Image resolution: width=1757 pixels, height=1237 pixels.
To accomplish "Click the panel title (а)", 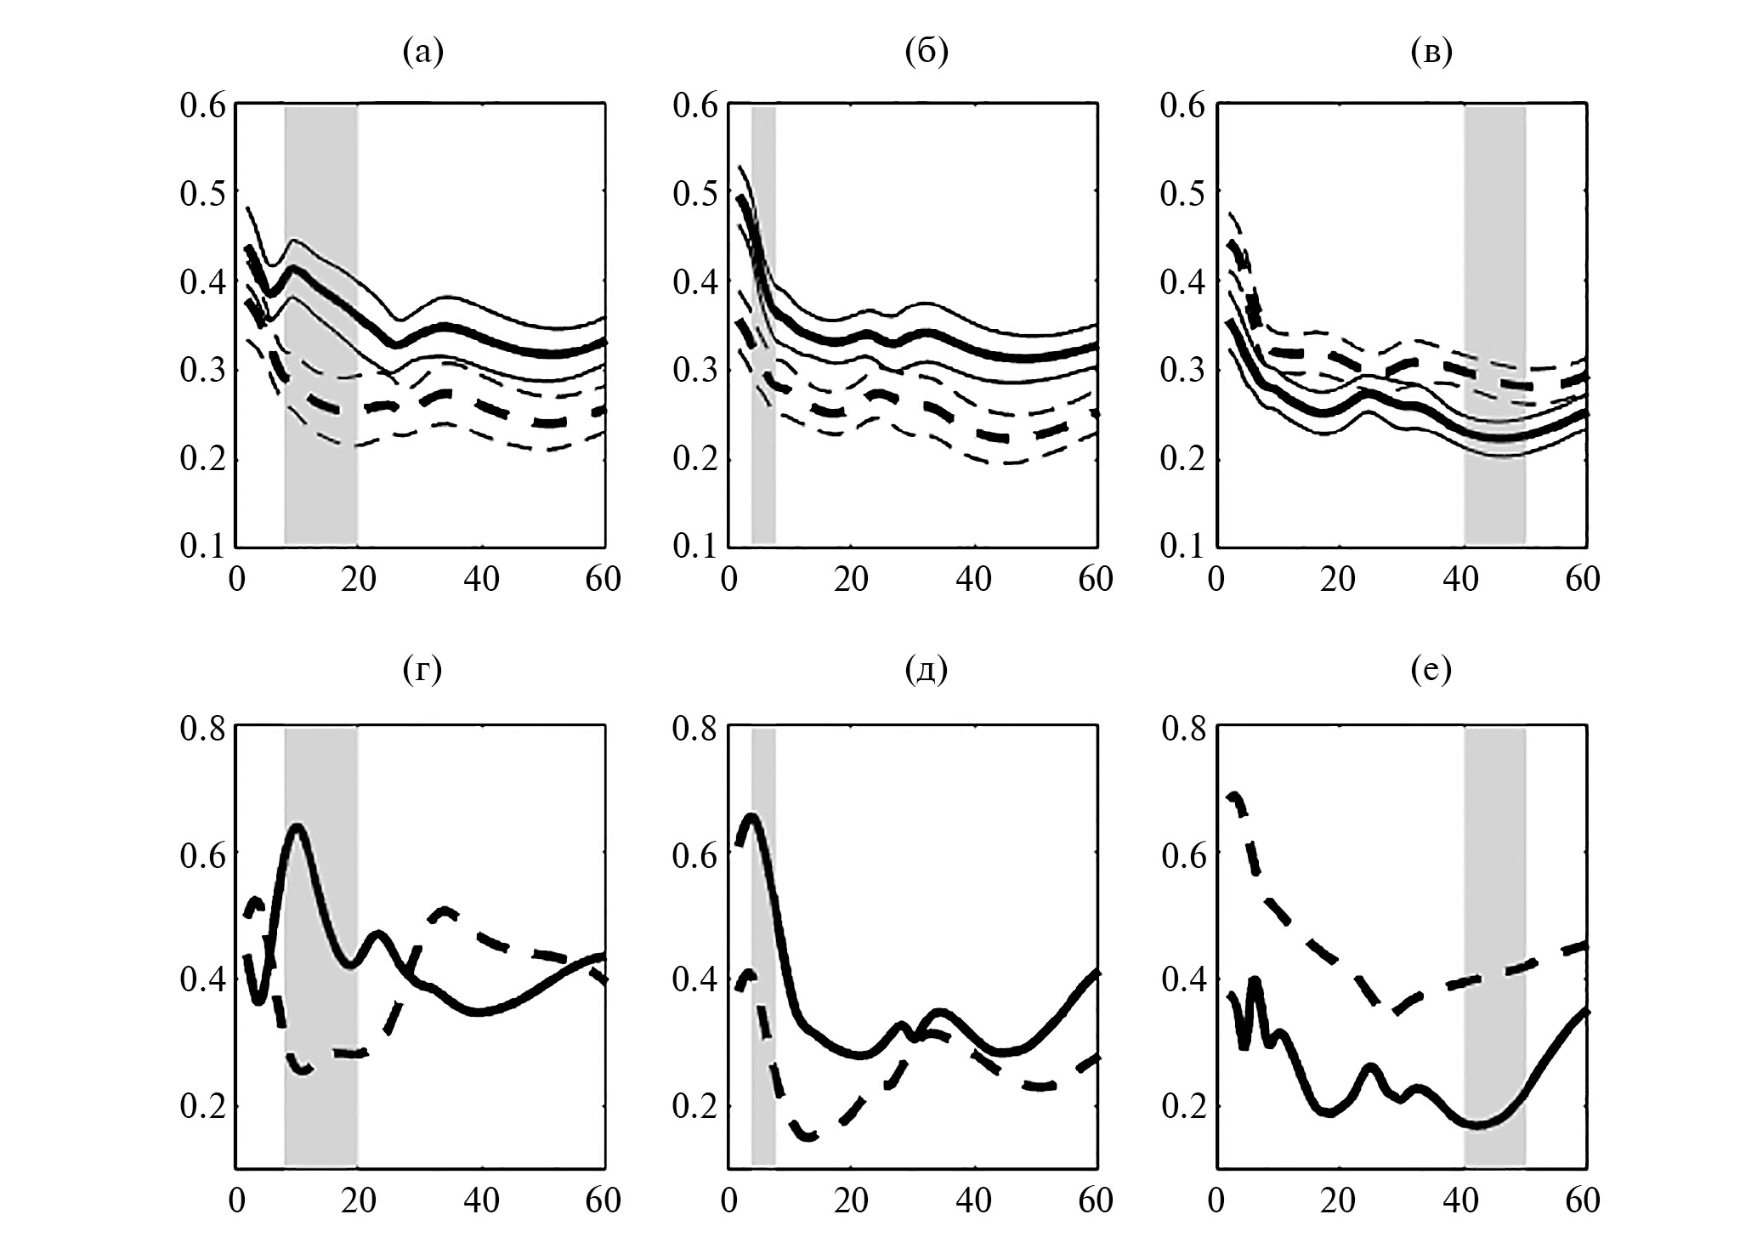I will click(x=422, y=53).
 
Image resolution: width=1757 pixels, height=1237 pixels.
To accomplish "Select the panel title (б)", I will click(x=926, y=53).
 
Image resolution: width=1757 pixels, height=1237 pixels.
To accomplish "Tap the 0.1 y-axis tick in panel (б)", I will click(x=694, y=545).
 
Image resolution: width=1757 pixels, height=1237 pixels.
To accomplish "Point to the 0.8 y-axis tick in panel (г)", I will click(x=202, y=729).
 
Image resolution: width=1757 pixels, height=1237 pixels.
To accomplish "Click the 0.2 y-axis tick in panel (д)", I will click(x=694, y=1106).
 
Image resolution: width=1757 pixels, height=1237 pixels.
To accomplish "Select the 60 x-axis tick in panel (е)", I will click(x=1581, y=1201).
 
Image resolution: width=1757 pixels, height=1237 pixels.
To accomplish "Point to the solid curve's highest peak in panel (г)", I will click(x=298, y=826).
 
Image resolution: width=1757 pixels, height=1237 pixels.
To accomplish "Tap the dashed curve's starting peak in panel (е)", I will click(x=1234, y=795).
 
